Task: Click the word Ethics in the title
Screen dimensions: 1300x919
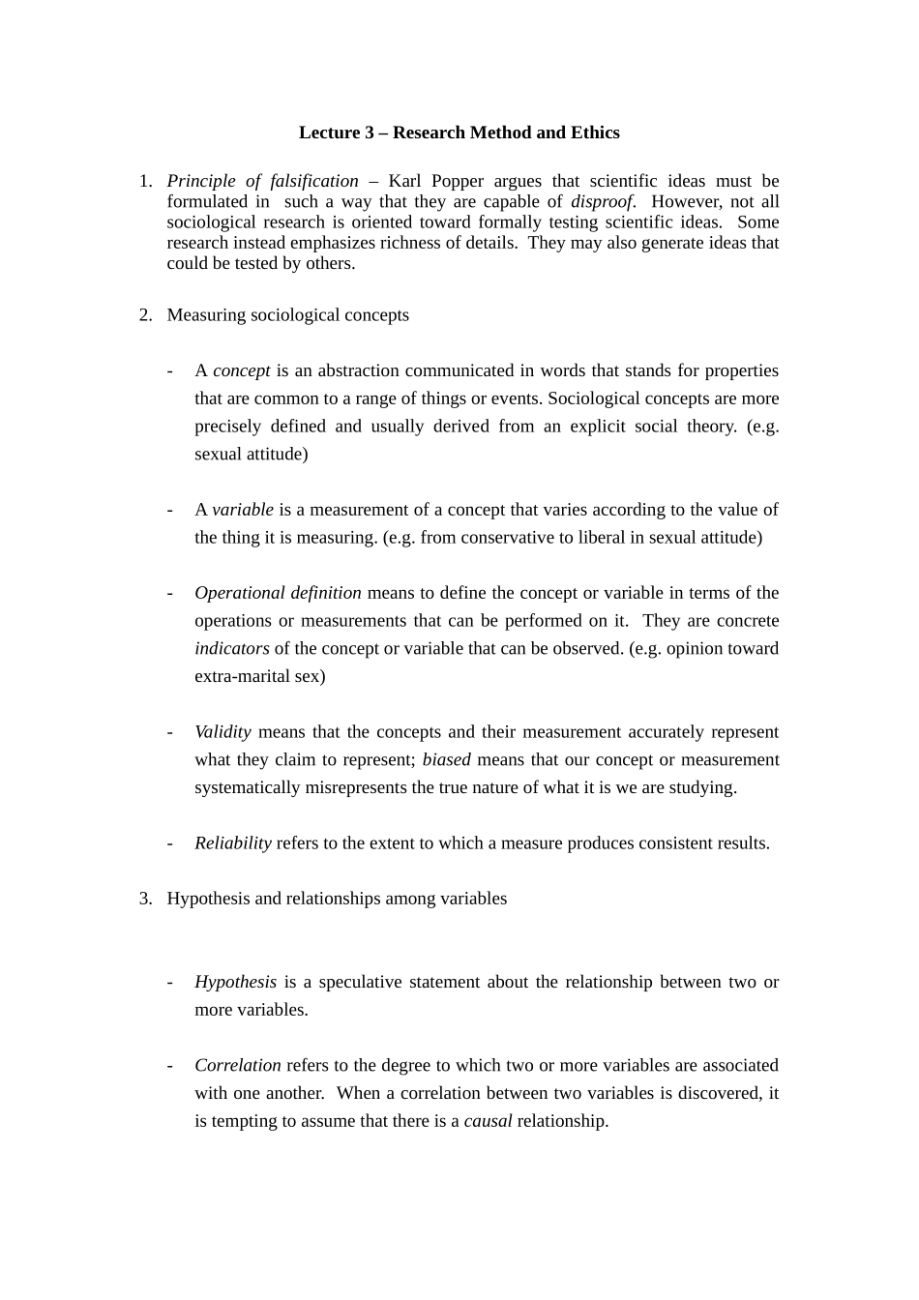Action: click(x=595, y=133)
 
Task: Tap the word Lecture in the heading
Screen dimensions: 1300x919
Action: click(x=330, y=133)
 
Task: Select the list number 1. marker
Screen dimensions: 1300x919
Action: click(x=145, y=181)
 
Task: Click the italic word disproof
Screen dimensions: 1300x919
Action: click(x=603, y=201)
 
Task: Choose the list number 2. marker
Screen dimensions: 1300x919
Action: click(x=145, y=314)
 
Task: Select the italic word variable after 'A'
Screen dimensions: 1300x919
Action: click(x=243, y=510)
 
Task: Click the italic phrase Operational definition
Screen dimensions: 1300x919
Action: click(x=278, y=593)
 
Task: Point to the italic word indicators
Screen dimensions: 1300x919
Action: click(x=231, y=648)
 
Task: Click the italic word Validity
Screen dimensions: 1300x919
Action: click(x=222, y=732)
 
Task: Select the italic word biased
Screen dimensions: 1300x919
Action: click(x=446, y=759)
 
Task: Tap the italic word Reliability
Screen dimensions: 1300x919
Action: click(x=232, y=842)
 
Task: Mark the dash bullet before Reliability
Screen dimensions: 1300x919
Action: click(x=170, y=842)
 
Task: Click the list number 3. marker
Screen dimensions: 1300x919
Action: click(x=145, y=899)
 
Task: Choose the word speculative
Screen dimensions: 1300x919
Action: click(x=363, y=982)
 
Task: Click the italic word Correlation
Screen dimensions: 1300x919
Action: click(x=237, y=1065)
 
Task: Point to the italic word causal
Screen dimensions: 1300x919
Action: click(x=488, y=1121)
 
